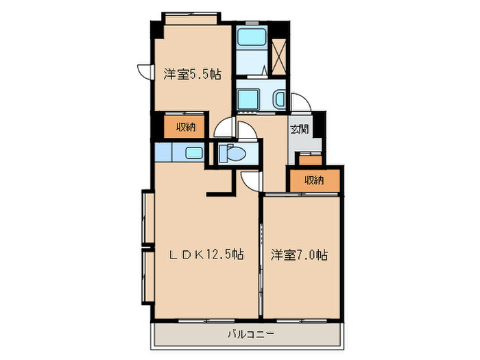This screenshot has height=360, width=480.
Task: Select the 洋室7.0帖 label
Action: (299, 254)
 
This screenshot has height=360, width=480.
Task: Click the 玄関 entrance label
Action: (298, 129)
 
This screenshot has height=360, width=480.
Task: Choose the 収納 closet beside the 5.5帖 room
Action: (183, 127)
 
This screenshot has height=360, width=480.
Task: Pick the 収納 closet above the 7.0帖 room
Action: (314, 180)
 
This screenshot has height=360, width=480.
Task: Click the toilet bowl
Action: (231, 153)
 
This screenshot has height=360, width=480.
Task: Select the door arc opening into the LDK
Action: (251, 180)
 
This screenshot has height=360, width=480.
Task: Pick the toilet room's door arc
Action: (224, 128)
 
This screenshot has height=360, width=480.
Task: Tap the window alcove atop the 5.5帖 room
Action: (191, 17)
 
